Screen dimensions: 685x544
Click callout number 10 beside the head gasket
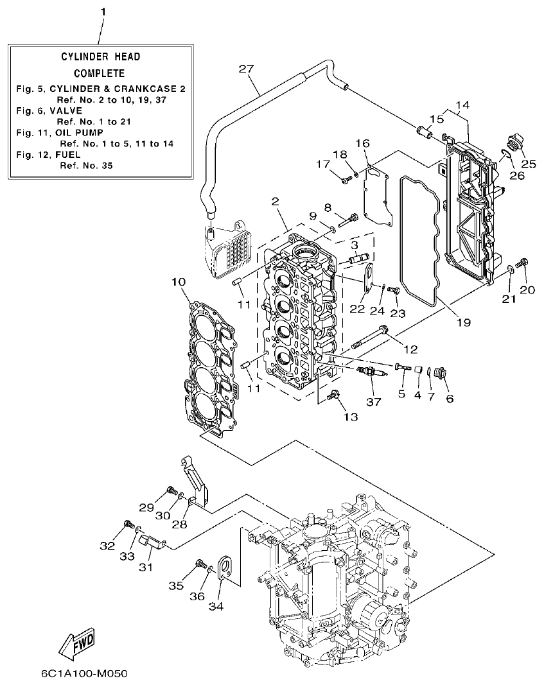coord(179,282)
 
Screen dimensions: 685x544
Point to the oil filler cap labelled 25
coord(514,143)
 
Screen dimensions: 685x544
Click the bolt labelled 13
coord(334,397)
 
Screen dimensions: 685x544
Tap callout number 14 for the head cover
coord(462,105)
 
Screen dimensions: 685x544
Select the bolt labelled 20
coord(523,262)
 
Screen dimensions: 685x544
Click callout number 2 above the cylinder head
coord(275,202)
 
